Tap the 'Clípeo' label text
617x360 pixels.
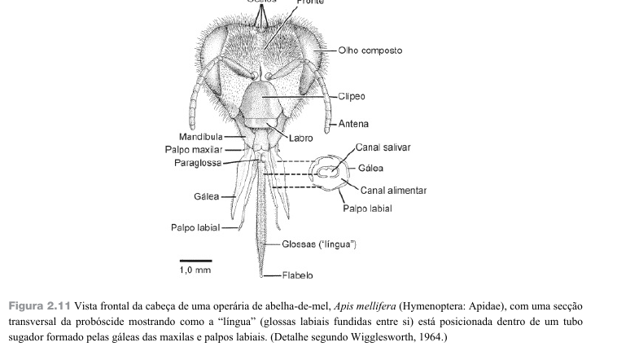point(352,96)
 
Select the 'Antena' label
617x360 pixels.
point(353,124)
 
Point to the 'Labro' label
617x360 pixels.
point(300,138)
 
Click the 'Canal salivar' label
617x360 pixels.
point(383,147)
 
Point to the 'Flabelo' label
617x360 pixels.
point(298,275)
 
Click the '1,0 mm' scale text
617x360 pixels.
point(195,270)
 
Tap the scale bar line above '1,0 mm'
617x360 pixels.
point(195,261)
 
